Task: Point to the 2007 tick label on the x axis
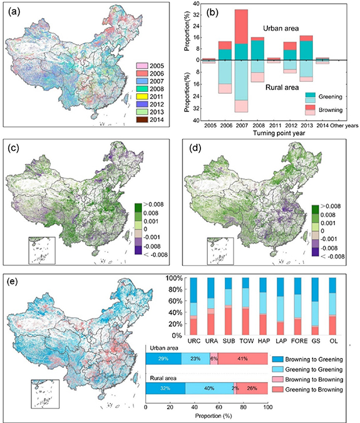[241, 126]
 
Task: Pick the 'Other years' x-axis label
[343, 126]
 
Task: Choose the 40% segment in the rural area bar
[208, 388]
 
